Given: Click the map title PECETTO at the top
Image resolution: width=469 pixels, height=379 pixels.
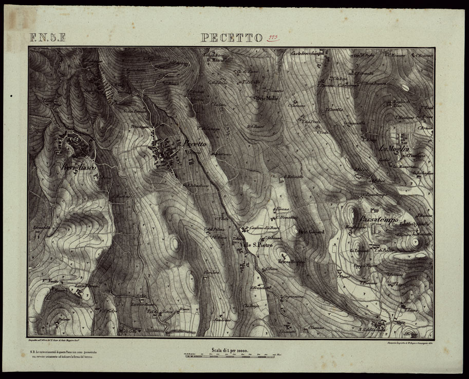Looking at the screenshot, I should point(232,38).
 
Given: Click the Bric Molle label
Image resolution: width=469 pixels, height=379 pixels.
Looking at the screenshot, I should point(267,98).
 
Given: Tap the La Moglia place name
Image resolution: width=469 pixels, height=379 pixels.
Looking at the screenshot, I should point(394,149).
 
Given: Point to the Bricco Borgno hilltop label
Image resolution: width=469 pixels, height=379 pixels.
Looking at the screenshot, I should point(292,262).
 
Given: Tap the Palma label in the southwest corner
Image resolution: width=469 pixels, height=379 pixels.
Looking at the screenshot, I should point(49,319).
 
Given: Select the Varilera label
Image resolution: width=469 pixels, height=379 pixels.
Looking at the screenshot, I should point(212,272).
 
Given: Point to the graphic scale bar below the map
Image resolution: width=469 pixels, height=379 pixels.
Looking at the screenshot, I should point(230,356).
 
